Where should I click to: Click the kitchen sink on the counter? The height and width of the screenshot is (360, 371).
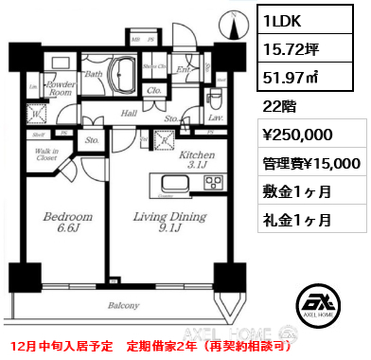176,184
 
